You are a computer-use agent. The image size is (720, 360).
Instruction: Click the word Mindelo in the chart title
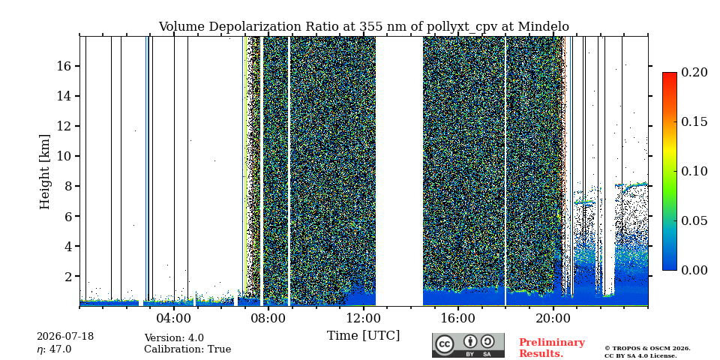(x=543, y=27)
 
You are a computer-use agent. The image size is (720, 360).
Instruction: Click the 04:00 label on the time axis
(x=174, y=317)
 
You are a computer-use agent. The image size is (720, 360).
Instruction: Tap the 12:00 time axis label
(x=364, y=317)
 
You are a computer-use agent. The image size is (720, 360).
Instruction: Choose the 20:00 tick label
(x=553, y=317)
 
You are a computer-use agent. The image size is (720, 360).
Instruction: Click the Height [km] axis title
(x=44, y=172)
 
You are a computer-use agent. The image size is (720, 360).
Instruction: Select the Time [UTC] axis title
(x=364, y=336)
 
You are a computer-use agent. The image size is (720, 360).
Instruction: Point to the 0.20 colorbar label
(x=694, y=72)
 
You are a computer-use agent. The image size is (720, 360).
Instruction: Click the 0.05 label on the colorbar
(x=694, y=220)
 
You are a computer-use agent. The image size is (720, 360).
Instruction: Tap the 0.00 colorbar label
(x=694, y=271)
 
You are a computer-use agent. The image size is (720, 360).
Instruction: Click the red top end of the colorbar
(x=670, y=74)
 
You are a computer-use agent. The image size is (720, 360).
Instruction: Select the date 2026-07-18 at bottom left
(x=65, y=337)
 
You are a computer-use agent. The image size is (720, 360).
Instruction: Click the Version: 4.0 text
(x=174, y=338)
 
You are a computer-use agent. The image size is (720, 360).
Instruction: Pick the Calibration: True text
(x=187, y=349)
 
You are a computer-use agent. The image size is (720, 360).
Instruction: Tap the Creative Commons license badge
(x=468, y=345)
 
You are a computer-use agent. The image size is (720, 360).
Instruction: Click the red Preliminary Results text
(x=552, y=348)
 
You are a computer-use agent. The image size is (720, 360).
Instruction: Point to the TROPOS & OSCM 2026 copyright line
(x=647, y=349)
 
